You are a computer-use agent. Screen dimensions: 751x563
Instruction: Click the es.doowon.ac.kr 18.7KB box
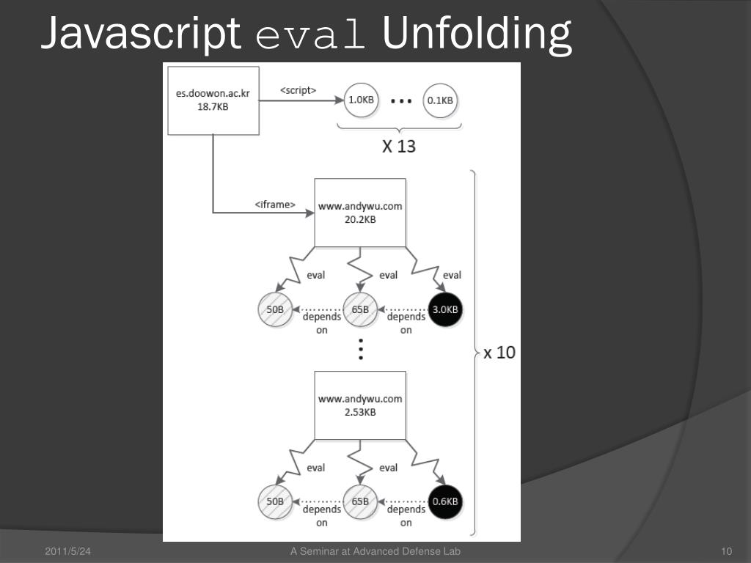tap(213, 99)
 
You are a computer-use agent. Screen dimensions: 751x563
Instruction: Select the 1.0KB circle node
tap(361, 100)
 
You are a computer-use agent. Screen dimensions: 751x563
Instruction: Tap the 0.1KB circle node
tap(440, 100)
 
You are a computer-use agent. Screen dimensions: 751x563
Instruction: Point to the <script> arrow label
tap(298, 91)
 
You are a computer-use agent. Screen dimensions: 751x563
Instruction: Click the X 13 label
tap(399, 147)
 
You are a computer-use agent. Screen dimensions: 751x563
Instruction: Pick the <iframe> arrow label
tap(275, 205)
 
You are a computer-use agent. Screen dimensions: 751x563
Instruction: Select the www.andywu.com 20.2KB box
tap(360, 213)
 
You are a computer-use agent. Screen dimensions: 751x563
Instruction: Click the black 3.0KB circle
tap(445, 309)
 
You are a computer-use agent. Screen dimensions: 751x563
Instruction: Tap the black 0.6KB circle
tap(445, 502)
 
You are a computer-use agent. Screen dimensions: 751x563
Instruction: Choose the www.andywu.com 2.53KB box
tap(360, 405)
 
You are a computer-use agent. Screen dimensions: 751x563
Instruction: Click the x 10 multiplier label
tap(499, 353)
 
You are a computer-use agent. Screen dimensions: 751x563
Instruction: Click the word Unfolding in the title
tap(477, 34)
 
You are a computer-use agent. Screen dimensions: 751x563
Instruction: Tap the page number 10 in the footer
tap(728, 551)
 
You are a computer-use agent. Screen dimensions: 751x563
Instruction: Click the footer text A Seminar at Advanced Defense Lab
tap(375, 551)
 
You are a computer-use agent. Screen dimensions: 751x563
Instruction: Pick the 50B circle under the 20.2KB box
tap(275, 309)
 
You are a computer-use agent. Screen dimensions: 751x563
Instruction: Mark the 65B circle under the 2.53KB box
tap(360, 502)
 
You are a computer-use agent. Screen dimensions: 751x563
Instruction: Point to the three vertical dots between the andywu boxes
tap(360, 351)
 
